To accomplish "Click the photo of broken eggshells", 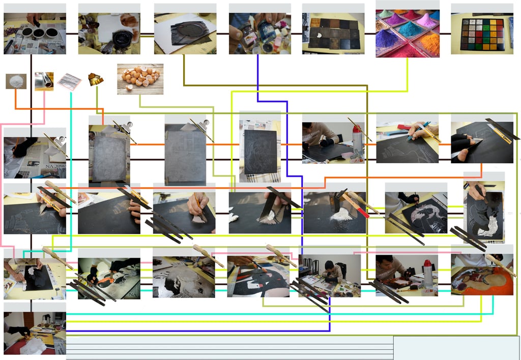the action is pos(140,78).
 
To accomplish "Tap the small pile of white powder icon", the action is pos(16,81).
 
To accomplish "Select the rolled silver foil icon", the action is pos(44,81).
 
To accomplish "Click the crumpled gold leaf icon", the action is pos(95,79).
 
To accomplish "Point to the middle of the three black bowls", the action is pos(38,33).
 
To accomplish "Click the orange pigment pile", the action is pos(430,43).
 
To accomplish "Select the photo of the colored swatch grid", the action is pos(481,34).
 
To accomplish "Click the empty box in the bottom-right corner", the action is pos(456,347).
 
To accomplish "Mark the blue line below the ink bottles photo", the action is pos(257,76).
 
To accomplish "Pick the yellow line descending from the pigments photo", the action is pos(408,76).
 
